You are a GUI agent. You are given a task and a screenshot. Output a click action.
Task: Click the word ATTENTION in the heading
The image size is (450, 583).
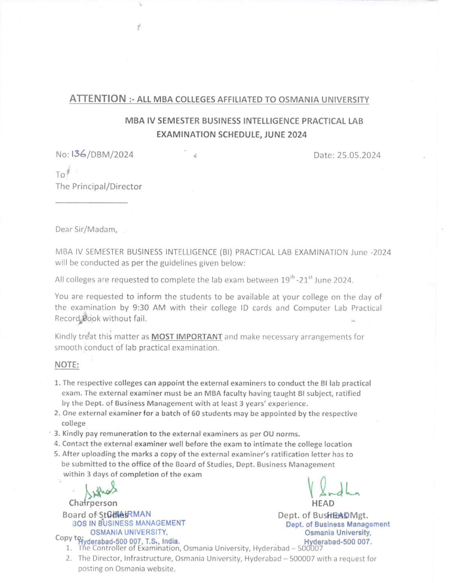[97, 99]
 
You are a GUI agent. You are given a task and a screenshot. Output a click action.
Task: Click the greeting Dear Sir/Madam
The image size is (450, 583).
[86, 229]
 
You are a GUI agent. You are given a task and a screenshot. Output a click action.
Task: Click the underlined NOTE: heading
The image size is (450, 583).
[67, 365]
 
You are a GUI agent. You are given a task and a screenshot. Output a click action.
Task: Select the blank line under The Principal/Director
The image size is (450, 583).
[91, 203]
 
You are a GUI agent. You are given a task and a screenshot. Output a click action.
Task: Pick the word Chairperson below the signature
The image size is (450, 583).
[93, 503]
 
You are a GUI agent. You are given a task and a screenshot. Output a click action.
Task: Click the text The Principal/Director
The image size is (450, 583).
[99, 187]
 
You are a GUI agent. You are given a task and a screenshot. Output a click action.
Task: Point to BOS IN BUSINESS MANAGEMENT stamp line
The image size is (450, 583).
[129, 523]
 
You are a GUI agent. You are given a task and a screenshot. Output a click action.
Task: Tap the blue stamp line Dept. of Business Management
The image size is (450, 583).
[337, 524]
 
